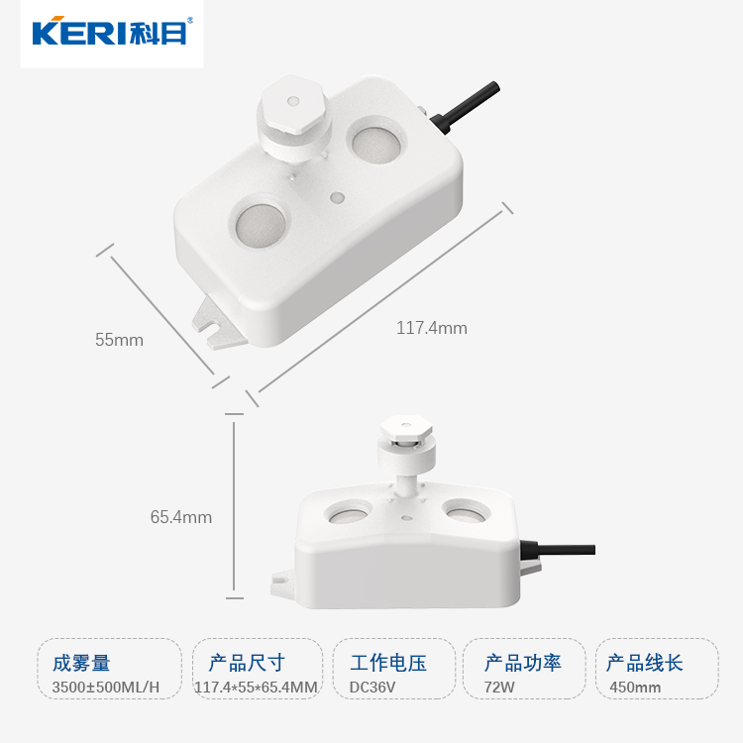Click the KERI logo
(x=112, y=32)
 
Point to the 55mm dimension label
(x=119, y=340)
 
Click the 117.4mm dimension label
(x=432, y=328)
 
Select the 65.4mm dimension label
(x=181, y=517)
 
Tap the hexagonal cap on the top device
(x=293, y=103)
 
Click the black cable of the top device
(x=466, y=108)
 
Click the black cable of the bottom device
(x=558, y=551)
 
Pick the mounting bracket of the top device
(x=218, y=322)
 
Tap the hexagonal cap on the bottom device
(x=406, y=427)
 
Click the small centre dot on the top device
(x=338, y=197)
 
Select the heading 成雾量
(x=81, y=663)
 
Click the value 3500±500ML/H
(x=106, y=688)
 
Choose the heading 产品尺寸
(x=247, y=663)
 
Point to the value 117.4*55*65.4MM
(x=257, y=688)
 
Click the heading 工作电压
(x=388, y=663)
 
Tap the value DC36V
(x=371, y=688)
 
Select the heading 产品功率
(x=523, y=663)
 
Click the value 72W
(x=499, y=688)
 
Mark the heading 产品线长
(x=645, y=663)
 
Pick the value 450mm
(x=635, y=688)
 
